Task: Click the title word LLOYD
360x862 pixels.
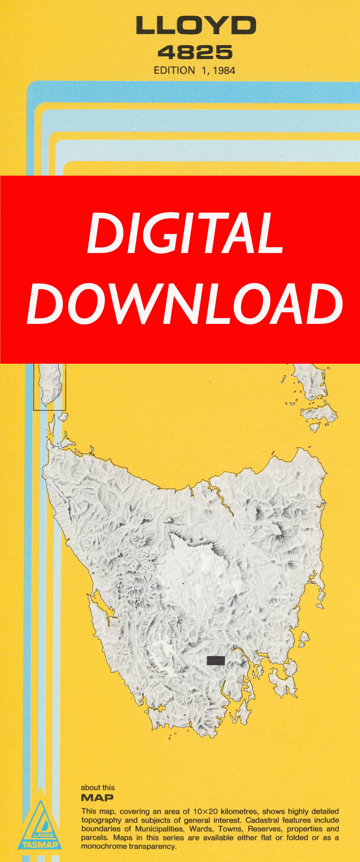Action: point(196,26)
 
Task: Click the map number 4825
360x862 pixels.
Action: point(195,53)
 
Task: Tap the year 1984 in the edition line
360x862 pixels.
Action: point(224,71)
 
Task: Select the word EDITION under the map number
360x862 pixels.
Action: point(174,71)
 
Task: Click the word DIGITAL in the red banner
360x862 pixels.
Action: point(185,233)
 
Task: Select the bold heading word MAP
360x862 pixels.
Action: point(97,798)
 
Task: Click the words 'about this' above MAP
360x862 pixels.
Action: point(98,788)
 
